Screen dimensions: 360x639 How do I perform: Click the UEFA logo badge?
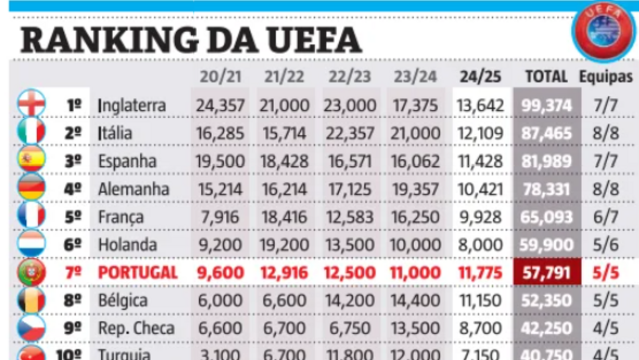[603, 32]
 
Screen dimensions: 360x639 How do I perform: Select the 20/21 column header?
[220, 77]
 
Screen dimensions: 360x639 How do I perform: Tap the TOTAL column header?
[546, 77]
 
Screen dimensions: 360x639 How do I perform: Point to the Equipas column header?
[606, 77]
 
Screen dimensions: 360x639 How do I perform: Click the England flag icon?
[31, 104]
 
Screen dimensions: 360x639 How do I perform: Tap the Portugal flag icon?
[31, 273]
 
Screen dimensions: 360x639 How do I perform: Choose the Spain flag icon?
[31, 160]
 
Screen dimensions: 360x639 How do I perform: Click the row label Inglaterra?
[132, 105]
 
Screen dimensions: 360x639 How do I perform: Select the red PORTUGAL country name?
[137, 273]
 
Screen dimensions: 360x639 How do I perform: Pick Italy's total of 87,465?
[546, 133]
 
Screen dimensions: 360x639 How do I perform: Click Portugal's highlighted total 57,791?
[546, 273]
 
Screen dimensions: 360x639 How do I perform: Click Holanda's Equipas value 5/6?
[606, 245]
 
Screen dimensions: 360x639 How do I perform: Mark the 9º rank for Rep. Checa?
[73, 329]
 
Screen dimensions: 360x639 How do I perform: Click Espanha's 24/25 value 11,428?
[480, 161]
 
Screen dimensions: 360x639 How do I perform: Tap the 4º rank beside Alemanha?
[73, 189]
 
